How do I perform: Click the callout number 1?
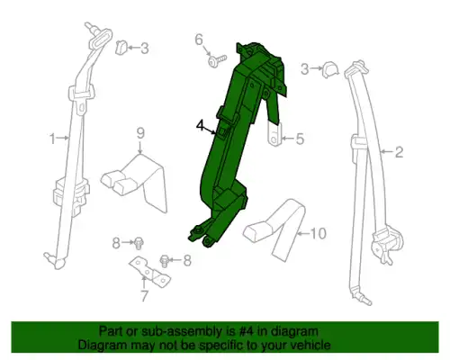(52, 139)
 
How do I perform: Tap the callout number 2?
(399, 152)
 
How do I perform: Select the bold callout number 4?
(200, 125)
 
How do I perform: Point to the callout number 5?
(300, 139)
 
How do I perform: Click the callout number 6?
(199, 40)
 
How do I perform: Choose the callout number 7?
(144, 296)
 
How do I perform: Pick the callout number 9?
(140, 133)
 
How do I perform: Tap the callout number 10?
(319, 233)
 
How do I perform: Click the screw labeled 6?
(217, 61)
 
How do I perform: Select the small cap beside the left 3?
(121, 48)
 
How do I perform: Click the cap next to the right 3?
(329, 69)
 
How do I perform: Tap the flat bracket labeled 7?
(149, 271)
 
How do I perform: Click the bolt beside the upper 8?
(139, 242)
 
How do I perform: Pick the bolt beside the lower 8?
(165, 261)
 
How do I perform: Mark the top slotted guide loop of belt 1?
(101, 38)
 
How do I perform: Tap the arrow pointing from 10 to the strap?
(303, 233)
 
